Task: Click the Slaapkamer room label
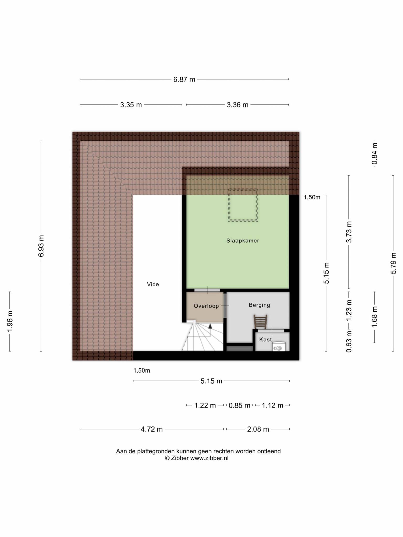[x=243, y=240]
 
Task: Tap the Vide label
[x=153, y=284]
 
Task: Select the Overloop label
[x=206, y=306]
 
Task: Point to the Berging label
[x=259, y=305]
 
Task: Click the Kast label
[x=266, y=340]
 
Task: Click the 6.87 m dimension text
[x=184, y=79]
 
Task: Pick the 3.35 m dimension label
[x=131, y=105]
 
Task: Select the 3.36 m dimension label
[x=237, y=105]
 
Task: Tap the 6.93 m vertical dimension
[x=41, y=246]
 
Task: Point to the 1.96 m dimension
[x=10, y=321]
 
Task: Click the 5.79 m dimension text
[x=393, y=263]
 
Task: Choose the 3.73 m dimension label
[x=349, y=232]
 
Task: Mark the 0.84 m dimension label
[x=375, y=154]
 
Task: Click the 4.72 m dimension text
[x=152, y=429]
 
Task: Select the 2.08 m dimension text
[x=258, y=429]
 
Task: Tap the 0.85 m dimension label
[x=239, y=405]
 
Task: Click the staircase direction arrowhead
[x=210, y=326]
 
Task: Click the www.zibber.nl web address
[x=209, y=458]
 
